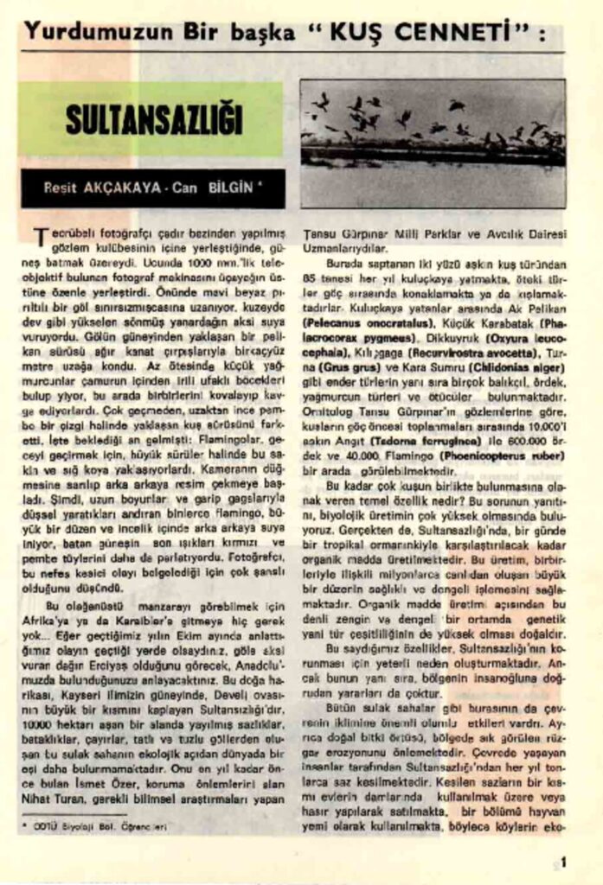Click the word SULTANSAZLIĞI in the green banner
(153, 121)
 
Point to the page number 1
(563, 861)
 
